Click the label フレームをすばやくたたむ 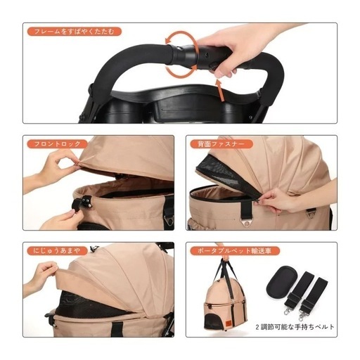[x=75, y=32]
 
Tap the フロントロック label [x=58, y=144]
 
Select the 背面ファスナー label [x=221, y=144]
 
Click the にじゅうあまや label [x=57, y=251]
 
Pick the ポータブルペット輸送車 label [x=235, y=251]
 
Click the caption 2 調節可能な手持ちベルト [x=295, y=327]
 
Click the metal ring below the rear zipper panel [x=246, y=223]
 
